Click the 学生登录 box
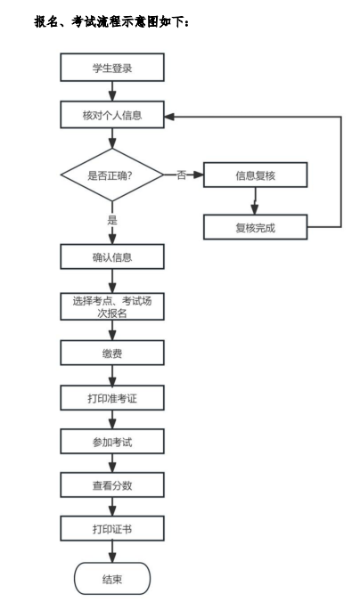(112, 68)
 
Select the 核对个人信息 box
(112, 115)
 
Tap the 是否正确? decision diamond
(112, 175)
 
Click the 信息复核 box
(255, 175)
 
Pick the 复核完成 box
(255, 227)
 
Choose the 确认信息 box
(112, 256)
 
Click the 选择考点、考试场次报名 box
(112, 306)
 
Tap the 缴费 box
(112, 353)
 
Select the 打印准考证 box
(112, 398)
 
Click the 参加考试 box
(112, 442)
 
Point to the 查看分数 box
(112, 485)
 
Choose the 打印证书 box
(112, 529)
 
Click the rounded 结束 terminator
(112, 579)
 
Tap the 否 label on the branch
(182, 175)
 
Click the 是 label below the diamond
(112, 220)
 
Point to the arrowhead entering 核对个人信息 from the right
(169, 117)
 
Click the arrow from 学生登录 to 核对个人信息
(112, 92)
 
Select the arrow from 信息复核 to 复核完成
(254, 200)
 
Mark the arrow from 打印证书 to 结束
(112, 552)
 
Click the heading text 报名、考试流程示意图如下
(111, 22)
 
